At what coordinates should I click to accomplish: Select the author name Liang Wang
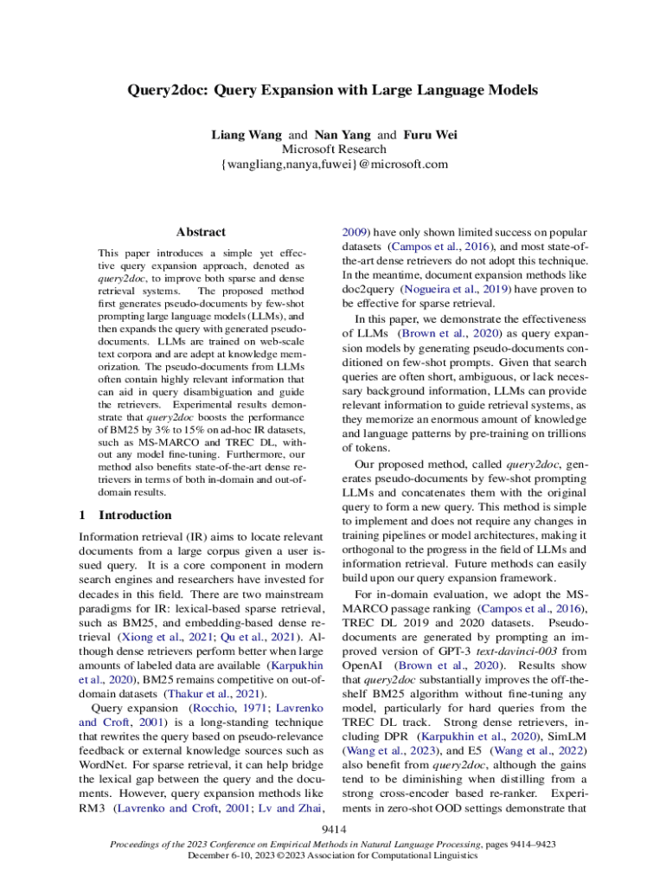click(247, 135)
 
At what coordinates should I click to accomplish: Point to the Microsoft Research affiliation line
click(334, 149)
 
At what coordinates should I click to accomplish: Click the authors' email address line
click(334, 164)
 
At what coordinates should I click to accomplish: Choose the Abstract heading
click(201, 232)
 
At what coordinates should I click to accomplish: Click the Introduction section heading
click(136, 515)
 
